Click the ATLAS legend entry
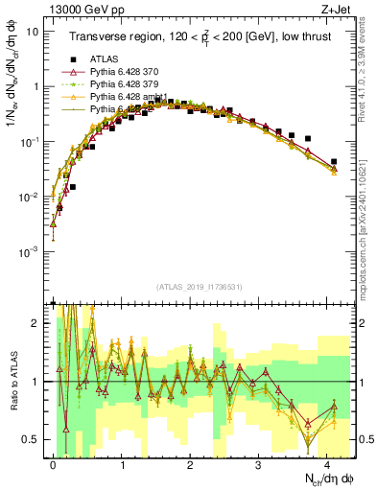point(104,58)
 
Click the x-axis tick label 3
point(259,462)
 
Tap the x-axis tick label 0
point(53,462)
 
